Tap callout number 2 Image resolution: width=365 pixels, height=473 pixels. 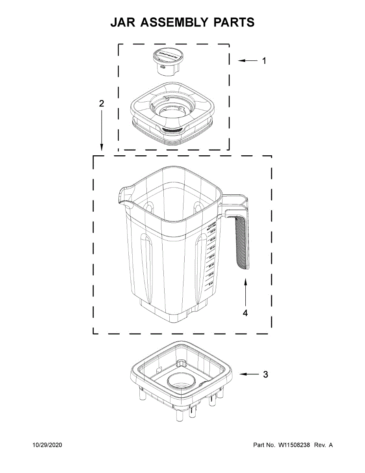point(102,104)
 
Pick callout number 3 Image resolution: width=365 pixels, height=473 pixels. point(265,374)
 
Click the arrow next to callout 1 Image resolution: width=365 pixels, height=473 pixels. point(247,61)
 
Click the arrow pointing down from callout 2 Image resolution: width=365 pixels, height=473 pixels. point(102,130)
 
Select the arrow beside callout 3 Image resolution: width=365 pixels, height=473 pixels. point(248,374)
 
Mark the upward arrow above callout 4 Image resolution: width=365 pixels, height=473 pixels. point(245,292)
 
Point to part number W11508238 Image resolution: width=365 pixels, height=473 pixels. point(294,445)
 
